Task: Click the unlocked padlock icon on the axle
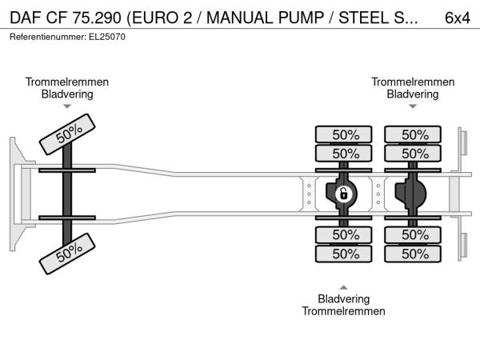pyautogui.click(x=343, y=194)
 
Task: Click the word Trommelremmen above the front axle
pyautogui.click(x=67, y=82)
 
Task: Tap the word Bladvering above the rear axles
pyautogui.click(x=413, y=94)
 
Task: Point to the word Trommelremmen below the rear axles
pyautogui.click(x=344, y=311)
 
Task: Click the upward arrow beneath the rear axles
pyautogui.click(x=344, y=286)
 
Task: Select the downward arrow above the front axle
pyautogui.click(x=67, y=106)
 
